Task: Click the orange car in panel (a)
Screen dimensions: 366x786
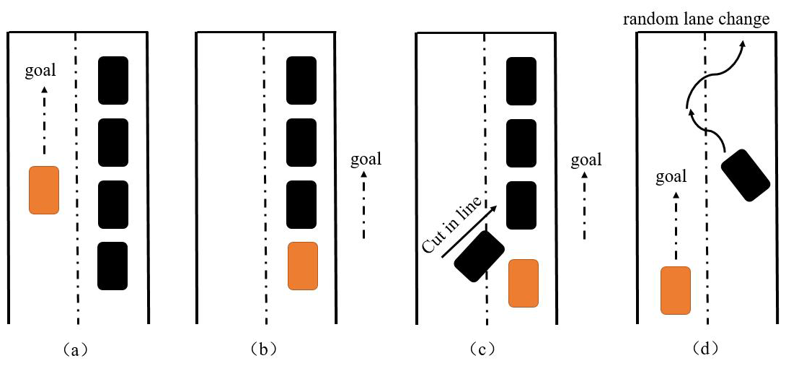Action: tap(43, 190)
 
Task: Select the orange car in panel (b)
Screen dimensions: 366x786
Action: tap(302, 266)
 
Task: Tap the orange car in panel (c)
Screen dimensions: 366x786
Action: tap(523, 284)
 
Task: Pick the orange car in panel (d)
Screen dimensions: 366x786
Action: tap(676, 290)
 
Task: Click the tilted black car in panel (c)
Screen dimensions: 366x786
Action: tap(479, 256)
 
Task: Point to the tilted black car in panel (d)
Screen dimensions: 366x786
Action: tap(745, 175)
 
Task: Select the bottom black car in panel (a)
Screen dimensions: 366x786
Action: tap(112, 266)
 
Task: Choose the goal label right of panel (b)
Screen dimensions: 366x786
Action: tap(366, 159)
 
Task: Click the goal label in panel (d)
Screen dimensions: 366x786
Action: tap(671, 176)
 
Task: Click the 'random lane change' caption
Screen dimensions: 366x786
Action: tap(696, 19)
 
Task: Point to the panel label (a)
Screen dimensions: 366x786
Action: tap(75, 349)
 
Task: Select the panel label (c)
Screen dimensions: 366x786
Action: tap(481, 349)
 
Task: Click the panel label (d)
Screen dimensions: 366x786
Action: tap(704, 349)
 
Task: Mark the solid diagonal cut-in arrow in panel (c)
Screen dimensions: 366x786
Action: tap(469, 231)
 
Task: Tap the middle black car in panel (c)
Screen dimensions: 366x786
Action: tap(521, 142)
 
